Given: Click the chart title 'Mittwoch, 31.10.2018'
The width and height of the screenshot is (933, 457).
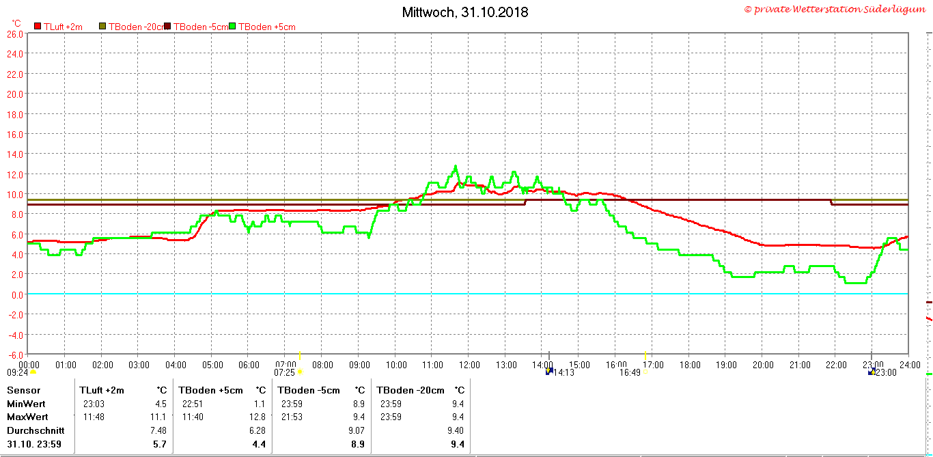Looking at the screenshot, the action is (x=465, y=12).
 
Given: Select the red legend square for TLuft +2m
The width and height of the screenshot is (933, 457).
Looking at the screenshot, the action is (x=38, y=26).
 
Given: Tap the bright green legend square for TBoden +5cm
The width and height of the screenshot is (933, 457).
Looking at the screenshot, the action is (x=232, y=26).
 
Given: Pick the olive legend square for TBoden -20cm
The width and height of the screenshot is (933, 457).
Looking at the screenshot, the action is (x=102, y=26).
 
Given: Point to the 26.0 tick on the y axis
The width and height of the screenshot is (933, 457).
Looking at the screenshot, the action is (x=15, y=34).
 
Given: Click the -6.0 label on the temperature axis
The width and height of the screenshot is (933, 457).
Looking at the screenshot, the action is (x=15, y=355).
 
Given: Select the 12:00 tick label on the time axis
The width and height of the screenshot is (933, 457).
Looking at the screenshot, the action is (x=469, y=365).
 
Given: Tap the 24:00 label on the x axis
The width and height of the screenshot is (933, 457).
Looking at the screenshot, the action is (x=910, y=365).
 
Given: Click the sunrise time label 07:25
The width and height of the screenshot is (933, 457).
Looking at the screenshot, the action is (x=284, y=372).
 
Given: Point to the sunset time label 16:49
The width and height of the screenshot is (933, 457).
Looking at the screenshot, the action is (x=629, y=372).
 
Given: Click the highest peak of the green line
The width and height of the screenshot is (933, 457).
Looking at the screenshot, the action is (x=456, y=167).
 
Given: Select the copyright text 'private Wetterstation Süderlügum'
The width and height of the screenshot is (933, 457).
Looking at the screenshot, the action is (x=839, y=9).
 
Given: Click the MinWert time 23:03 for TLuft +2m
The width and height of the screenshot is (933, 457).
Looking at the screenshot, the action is (x=94, y=404).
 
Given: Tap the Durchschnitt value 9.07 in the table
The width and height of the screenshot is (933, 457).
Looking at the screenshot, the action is (x=356, y=430).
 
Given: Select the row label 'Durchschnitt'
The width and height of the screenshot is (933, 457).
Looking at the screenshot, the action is (x=36, y=430).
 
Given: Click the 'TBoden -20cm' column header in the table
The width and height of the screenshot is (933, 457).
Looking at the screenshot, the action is (x=410, y=390).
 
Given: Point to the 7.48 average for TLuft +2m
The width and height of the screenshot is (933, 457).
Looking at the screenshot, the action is (x=158, y=430).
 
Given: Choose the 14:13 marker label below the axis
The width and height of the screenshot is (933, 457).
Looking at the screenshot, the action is (x=563, y=372).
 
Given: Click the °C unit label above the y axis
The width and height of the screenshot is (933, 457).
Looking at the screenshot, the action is (x=16, y=23).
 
